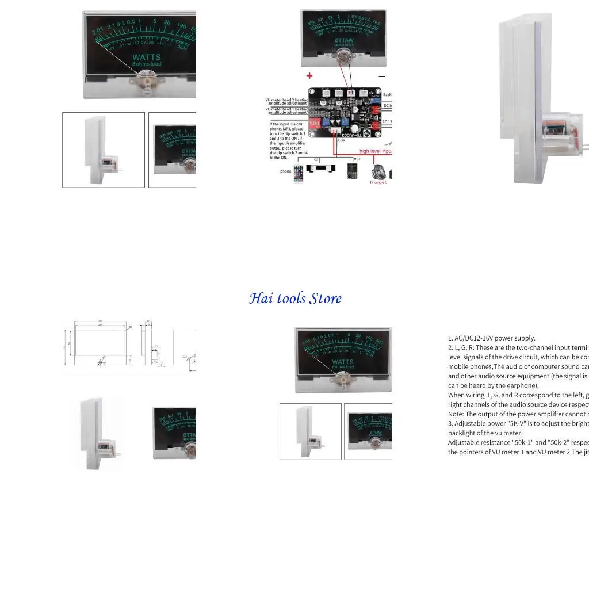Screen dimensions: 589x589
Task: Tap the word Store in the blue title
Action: (x=326, y=299)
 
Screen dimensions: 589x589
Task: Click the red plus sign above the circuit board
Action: (x=309, y=75)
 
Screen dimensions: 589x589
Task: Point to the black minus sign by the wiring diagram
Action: (x=381, y=76)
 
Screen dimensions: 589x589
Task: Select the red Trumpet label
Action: (x=378, y=182)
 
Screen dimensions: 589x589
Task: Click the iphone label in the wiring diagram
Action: (x=285, y=171)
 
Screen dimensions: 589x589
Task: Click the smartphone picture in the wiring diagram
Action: (x=298, y=173)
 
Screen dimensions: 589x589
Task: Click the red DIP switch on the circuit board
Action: (x=315, y=123)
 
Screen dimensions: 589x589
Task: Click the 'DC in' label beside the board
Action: (x=388, y=106)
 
